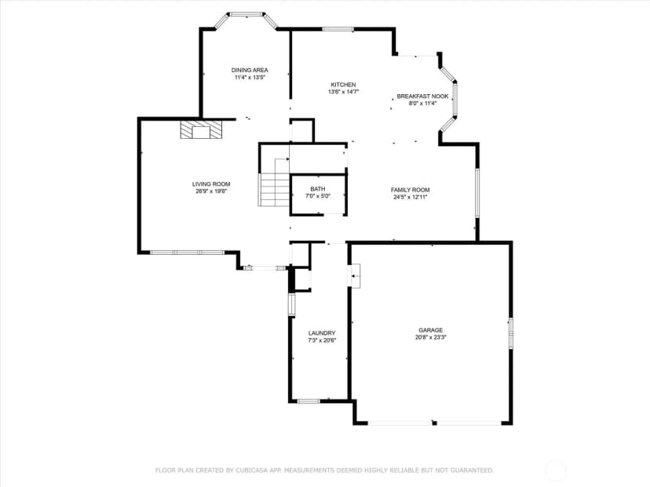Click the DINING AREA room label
250,70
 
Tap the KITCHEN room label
343,85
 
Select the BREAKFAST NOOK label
422,96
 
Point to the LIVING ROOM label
211,184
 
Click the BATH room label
318,189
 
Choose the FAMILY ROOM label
410,190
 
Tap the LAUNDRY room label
322,333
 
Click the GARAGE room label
430,330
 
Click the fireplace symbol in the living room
201,129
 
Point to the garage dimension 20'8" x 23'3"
430,337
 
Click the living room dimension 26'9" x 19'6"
211,191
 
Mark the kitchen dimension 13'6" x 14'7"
343,92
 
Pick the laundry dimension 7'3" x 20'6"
322,340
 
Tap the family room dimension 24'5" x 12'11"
410,197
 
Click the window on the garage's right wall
511,333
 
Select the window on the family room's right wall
477,193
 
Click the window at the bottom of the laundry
309,401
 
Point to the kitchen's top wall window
338,29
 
